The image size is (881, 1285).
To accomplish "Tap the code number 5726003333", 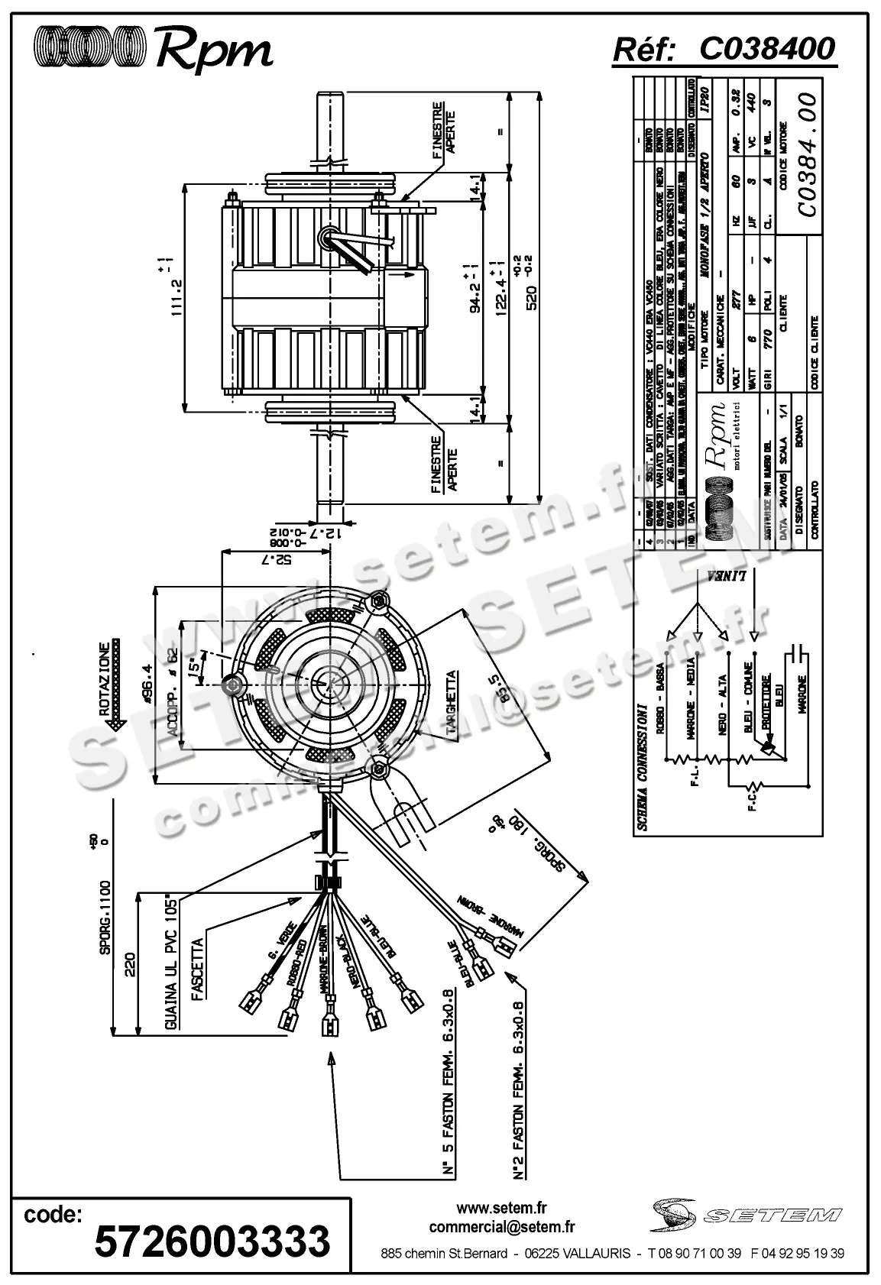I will pos(212,1241).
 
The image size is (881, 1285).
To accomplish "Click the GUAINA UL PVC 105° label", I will pos(173,961).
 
